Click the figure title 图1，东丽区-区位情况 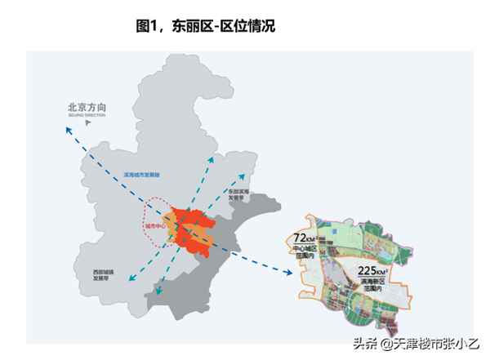(206, 26)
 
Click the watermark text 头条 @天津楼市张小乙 (416, 344)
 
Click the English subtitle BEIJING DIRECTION (87, 117)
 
